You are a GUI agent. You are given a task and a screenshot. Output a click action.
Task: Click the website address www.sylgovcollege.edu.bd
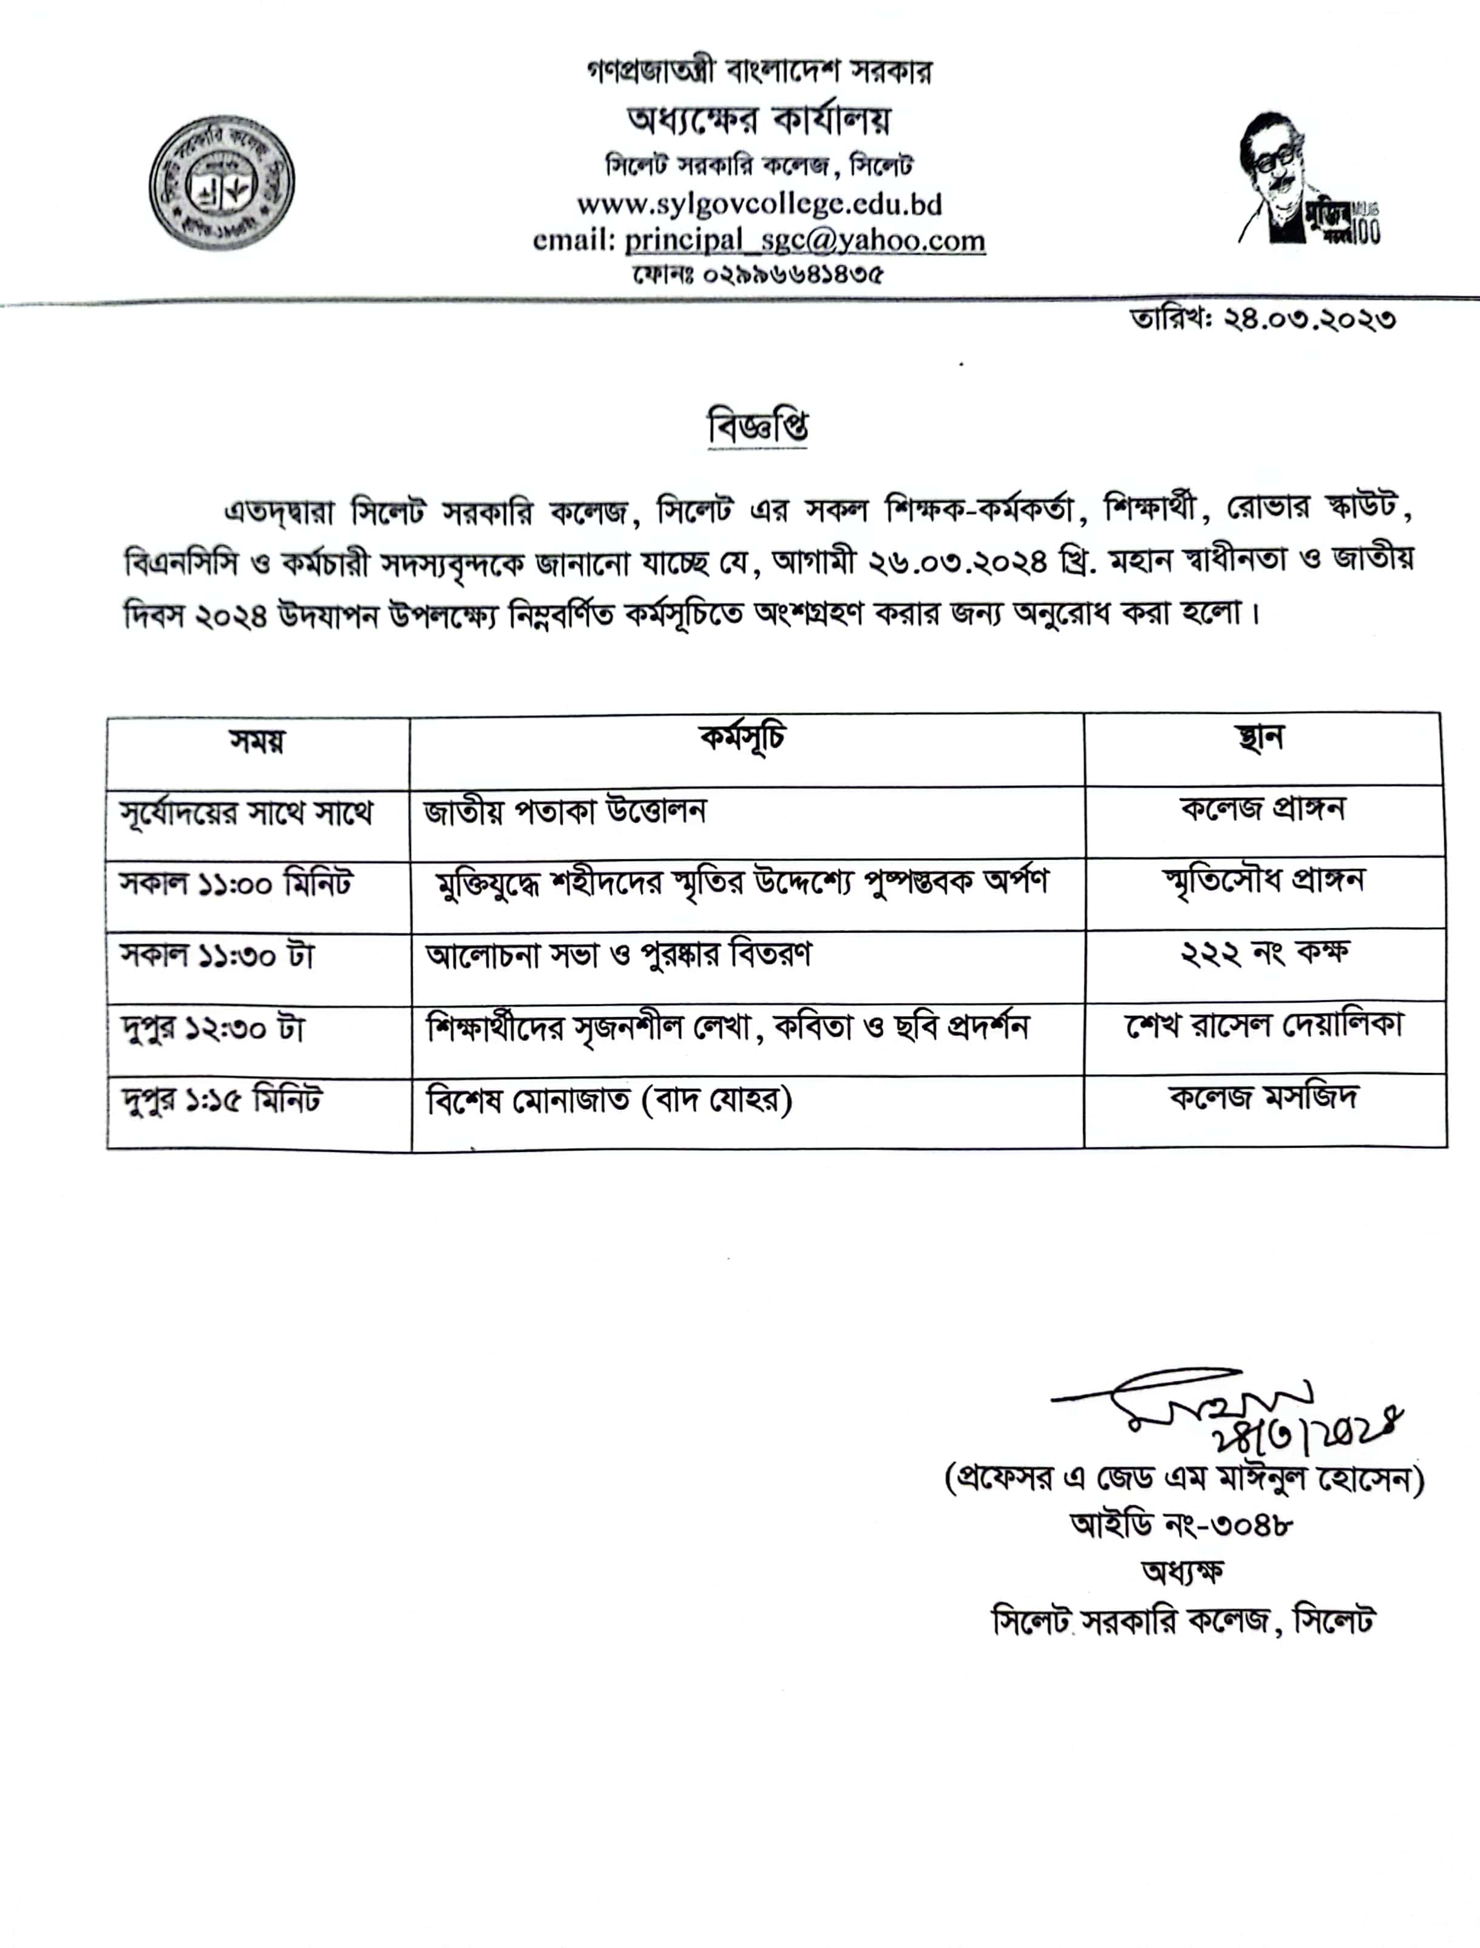[759, 205]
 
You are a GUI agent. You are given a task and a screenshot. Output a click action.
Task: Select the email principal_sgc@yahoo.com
[804, 240]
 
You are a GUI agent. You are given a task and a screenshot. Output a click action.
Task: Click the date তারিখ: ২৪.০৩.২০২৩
[1263, 319]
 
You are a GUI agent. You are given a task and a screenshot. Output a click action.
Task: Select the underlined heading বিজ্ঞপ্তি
[758, 427]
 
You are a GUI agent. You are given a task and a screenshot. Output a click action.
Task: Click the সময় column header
[257, 742]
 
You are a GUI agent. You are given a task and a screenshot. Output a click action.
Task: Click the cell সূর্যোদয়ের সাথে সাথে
[246, 812]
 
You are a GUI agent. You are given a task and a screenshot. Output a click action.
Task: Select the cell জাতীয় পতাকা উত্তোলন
[565, 811]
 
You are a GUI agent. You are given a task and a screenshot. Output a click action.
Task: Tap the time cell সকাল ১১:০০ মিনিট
[236, 884]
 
